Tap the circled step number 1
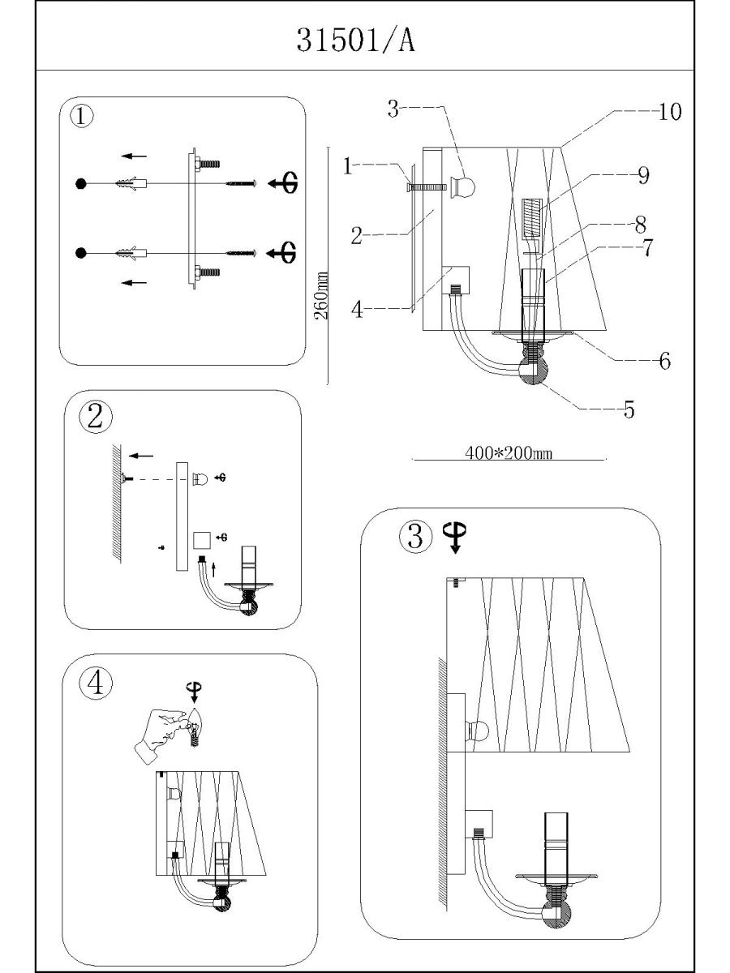click(x=82, y=117)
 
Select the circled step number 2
click(x=96, y=416)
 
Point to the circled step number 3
click(x=414, y=536)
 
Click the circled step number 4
click(x=96, y=684)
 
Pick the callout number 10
click(x=669, y=112)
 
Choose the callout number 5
click(x=629, y=409)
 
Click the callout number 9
click(x=643, y=175)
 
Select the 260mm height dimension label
click(x=320, y=295)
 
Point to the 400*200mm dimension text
click(x=509, y=453)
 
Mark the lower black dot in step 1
click(x=80, y=254)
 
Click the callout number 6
click(x=664, y=361)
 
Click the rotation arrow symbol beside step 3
click(x=455, y=536)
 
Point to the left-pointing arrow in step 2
click(x=141, y=456)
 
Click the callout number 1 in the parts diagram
click(x=347, y=166)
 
